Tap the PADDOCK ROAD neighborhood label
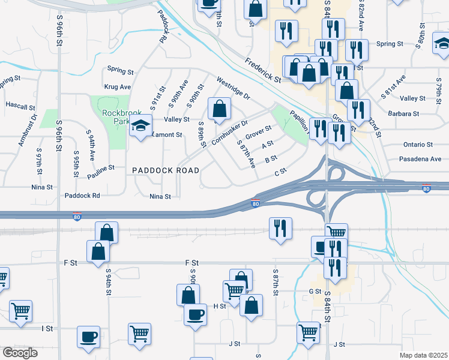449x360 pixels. click(166, 170)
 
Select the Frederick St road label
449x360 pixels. click(263, 71)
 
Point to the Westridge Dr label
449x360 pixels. click(233, 88)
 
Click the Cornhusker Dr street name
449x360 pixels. click(229, 133)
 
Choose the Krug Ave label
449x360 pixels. click(118, 87)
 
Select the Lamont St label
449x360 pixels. click(166, 135)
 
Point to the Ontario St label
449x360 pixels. click(418, 145)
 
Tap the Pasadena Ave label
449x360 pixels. click(420, 159)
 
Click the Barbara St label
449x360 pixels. click(404, 113)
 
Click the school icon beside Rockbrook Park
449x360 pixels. click(141, 127)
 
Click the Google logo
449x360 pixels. click(20, 353)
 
